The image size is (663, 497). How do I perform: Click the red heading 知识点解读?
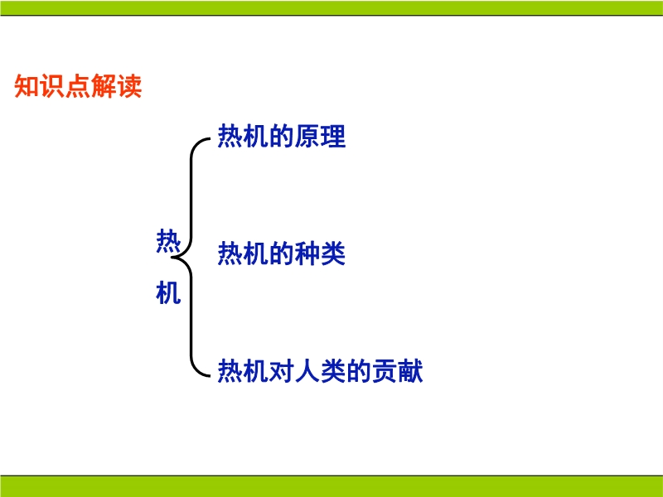coord(78,86)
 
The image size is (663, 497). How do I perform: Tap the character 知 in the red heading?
coord(27,86)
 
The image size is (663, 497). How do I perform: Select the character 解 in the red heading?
coord(103,86)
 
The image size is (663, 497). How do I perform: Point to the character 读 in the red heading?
coord(129,86)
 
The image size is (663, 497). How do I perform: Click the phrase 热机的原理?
coord(282,136)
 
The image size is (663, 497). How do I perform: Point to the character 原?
coord(307,136)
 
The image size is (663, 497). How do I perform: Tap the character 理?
coord(333,136)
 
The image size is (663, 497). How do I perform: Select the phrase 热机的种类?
coord(282,253)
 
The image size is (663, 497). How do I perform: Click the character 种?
coord(307,253)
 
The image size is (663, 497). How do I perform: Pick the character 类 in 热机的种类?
coord(333,253)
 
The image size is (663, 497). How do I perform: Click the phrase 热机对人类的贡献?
coord(320,371)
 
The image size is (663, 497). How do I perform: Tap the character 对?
coord(282,371)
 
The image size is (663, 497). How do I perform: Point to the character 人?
coord(307,371)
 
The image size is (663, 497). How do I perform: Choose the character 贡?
coord(385,371)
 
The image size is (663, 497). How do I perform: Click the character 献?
coord(410,371)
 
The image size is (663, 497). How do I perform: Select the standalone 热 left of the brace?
coord(168,241)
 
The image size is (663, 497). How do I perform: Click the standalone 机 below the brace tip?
coord(168,292)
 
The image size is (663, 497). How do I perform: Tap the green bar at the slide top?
coord(331,7)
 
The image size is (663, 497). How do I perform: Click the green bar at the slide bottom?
coord(331,486)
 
